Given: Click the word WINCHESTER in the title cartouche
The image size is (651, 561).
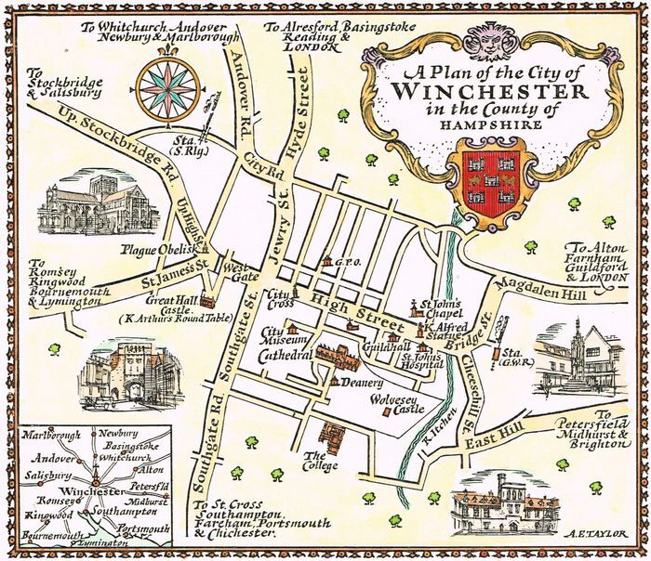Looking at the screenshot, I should tap(489, 93).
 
